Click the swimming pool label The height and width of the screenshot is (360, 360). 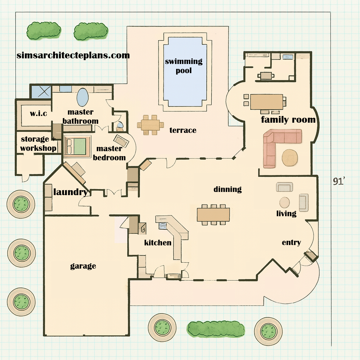(184, 66)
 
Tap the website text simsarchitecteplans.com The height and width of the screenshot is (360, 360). (73, 55)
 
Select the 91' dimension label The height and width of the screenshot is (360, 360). (339, 181)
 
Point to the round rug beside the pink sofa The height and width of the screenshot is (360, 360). (290, 157)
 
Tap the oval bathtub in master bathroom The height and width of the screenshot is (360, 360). (82, 97)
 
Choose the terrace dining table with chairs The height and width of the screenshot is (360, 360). (150, 125)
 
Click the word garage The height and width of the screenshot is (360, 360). (83, 266)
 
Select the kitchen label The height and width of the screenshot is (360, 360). (158, 243)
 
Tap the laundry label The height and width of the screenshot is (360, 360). (70, 192)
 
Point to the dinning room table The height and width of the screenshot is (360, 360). (213, 214)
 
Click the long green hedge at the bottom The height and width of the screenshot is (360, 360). (216, 329)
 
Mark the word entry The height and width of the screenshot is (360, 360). (291, 243)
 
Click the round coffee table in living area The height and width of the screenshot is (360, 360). (284, 202)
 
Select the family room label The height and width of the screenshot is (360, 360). (288, 120)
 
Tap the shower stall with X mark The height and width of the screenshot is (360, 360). (41, 91)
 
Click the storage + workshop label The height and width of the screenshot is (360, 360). (38, 143)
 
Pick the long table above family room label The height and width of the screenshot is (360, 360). (266, 102)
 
